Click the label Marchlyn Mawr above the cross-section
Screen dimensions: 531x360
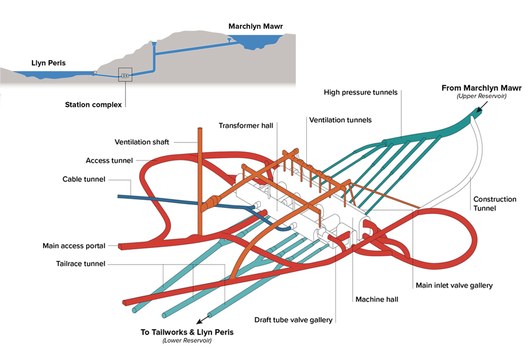coord(255,26)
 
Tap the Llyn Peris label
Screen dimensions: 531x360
coord(48,63)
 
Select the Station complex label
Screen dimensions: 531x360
coord(93,104)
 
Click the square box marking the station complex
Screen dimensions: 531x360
coord(125,74)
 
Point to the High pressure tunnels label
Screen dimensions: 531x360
coord(360,92)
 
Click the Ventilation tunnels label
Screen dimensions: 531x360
coord(340,120)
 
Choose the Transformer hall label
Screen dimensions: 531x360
coord(246,126)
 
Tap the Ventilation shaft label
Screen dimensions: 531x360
coord(142,142)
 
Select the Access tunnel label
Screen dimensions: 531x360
coord(109,160)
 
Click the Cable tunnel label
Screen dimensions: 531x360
coord(84,179)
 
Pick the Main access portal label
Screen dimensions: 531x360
coord(74,246)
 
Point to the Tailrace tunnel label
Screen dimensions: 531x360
coord(80,264)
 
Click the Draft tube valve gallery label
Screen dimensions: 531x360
coord(293,320)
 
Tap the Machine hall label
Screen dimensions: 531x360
coord(377,299)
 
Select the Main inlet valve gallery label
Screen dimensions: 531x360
coord(454,286)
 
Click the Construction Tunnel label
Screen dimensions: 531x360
coord(495,204)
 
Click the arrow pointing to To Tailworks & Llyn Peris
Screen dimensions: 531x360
coord(203,320)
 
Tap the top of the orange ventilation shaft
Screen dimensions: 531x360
coord(200,128)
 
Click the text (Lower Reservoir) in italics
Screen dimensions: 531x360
coord(187,341)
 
